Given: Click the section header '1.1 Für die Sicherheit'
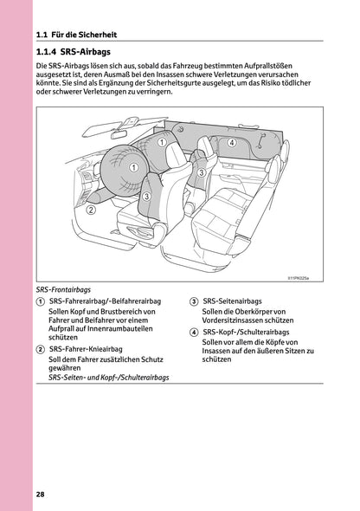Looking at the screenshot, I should point(77,36).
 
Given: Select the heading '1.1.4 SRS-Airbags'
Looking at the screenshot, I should point(79,53).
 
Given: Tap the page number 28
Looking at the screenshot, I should point(41,495).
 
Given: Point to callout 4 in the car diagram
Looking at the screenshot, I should point(232,142).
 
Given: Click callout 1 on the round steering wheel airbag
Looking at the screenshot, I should point(134,168).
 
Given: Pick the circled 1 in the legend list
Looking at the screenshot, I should point(42,301).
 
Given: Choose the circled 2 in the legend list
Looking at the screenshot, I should point(42,348).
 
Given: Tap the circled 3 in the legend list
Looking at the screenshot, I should point(194,301).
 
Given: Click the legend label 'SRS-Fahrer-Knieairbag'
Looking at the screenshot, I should point(92,348).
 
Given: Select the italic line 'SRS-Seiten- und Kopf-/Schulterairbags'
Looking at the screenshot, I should point(109,378).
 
